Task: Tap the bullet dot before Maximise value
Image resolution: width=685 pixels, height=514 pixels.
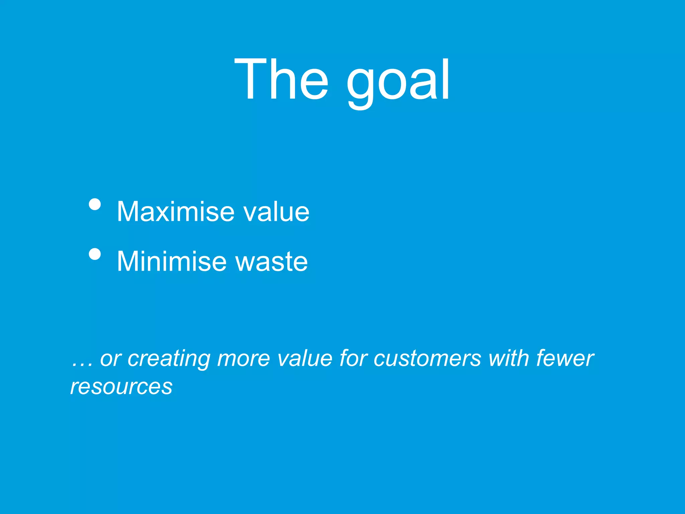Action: (x=95, y=204)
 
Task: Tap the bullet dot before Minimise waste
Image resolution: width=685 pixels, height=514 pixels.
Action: (x=95, y=254)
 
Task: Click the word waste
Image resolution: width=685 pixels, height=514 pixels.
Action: (x=272, y=261)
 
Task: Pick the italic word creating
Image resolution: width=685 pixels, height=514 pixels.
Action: (x=169, y=359)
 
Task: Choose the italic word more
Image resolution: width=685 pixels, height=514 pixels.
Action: (x=243, y=359)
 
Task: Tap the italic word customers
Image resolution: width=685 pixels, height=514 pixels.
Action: (x=427, y=359)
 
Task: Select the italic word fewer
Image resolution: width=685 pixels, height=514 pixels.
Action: (x=565, y=359)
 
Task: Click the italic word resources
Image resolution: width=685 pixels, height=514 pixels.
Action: (x=121, y=387)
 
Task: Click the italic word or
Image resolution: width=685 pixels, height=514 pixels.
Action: (x=111, y=359)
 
